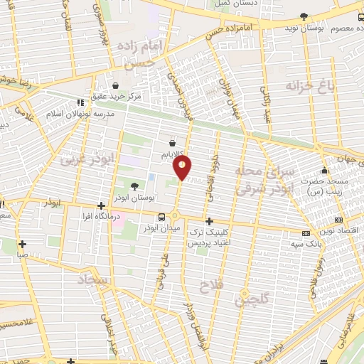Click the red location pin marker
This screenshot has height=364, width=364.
pos(183,168)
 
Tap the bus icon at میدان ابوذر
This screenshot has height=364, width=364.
pos(162,216)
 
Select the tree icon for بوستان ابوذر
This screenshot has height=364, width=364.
pos(135,186)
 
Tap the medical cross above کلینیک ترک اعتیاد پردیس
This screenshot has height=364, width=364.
pos(208,221)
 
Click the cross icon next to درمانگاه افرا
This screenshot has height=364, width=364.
pos(102,205)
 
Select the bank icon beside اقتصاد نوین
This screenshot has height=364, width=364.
pos(338,220)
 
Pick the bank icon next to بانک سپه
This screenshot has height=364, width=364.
pos(306,232)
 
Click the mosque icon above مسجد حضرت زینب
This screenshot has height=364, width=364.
pos(324,171)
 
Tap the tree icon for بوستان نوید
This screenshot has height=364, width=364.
pos(304,16)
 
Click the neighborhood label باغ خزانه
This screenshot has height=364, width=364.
pos(309,86)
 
